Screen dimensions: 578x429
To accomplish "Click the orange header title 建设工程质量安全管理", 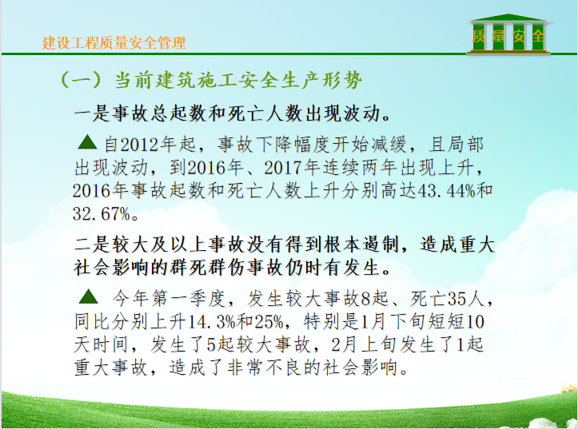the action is (x=114, y=43).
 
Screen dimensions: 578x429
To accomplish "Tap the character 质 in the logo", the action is (x=479, y=36).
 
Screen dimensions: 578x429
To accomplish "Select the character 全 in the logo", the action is (x=537, y=36).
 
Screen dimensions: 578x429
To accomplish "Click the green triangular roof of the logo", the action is (x=508, y=18).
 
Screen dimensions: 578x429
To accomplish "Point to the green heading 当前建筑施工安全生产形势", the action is (x=238, y=80).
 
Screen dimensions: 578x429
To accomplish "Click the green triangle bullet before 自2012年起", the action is (x=87, y=141).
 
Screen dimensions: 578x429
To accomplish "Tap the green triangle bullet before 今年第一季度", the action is (x=89, y=296).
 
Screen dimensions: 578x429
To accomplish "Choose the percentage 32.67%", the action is (x=102, y=213).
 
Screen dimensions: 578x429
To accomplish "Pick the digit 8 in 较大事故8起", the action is (x=365, y=299).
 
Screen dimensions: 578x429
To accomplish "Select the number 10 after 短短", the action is (x=475, y=322).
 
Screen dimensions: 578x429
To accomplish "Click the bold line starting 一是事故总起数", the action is (x=233, y=113).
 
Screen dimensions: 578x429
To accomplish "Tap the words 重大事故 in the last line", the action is (x=110, y=367).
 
